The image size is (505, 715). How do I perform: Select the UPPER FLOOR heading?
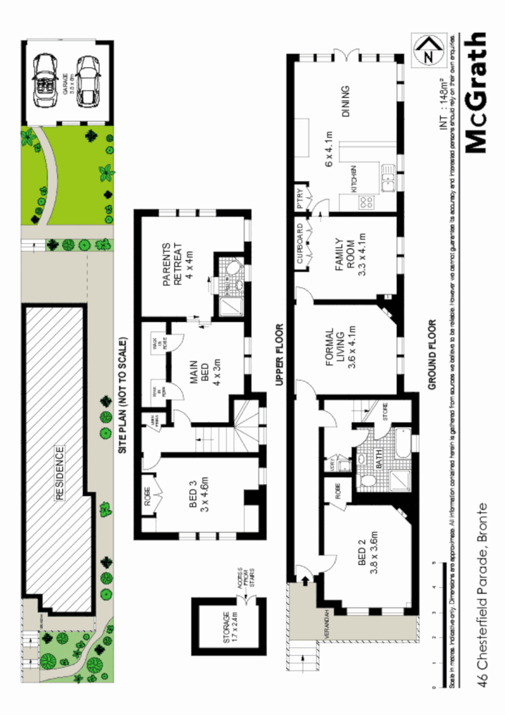pos(279,355)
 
